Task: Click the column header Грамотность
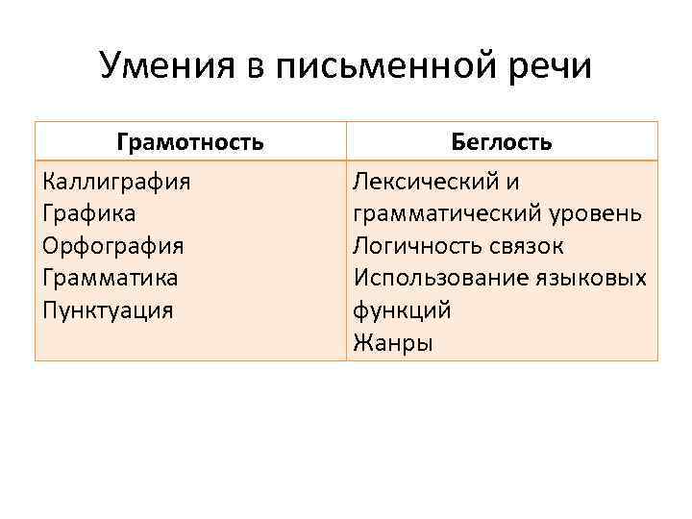190,143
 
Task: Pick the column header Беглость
502,143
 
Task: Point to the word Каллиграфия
116,181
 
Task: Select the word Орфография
113,245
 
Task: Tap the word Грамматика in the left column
111,278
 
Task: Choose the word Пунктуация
108,309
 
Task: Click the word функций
402,309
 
